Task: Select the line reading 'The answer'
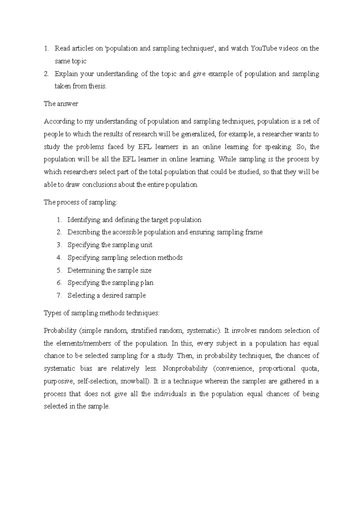coord(61,104)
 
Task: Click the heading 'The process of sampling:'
coord(80,202)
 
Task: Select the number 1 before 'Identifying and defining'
coord(59,220)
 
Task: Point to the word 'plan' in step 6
coord(147,283)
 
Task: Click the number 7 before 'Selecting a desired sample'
coord(59,295)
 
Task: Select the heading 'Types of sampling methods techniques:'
coord(101,313)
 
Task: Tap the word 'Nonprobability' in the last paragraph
coord(185,369)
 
